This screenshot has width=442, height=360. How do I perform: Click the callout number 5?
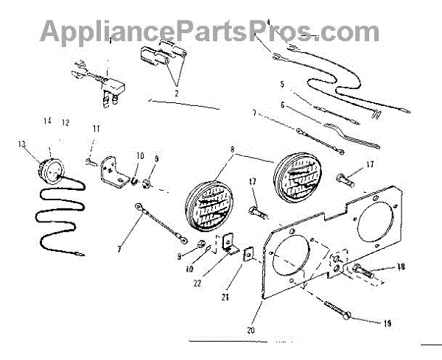tap(281, 85)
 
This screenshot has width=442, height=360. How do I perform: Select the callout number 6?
tap(282, 105)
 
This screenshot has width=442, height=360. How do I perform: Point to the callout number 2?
tap(177, 93)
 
